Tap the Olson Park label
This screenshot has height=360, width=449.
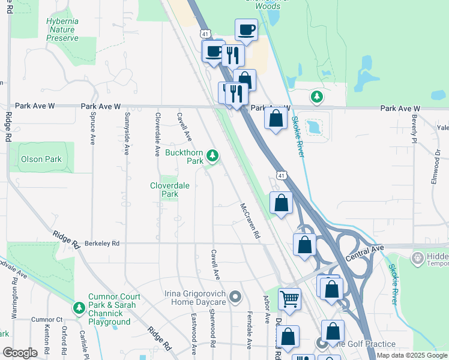point(41,160)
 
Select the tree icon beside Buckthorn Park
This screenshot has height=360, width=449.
point(212,156)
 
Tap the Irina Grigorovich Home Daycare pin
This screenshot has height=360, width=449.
point(235,297)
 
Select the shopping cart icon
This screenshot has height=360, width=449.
point(289,298)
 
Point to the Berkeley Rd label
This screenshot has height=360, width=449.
point(102,243)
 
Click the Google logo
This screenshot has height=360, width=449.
point(20,353)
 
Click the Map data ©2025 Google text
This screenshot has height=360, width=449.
point(412,355)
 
